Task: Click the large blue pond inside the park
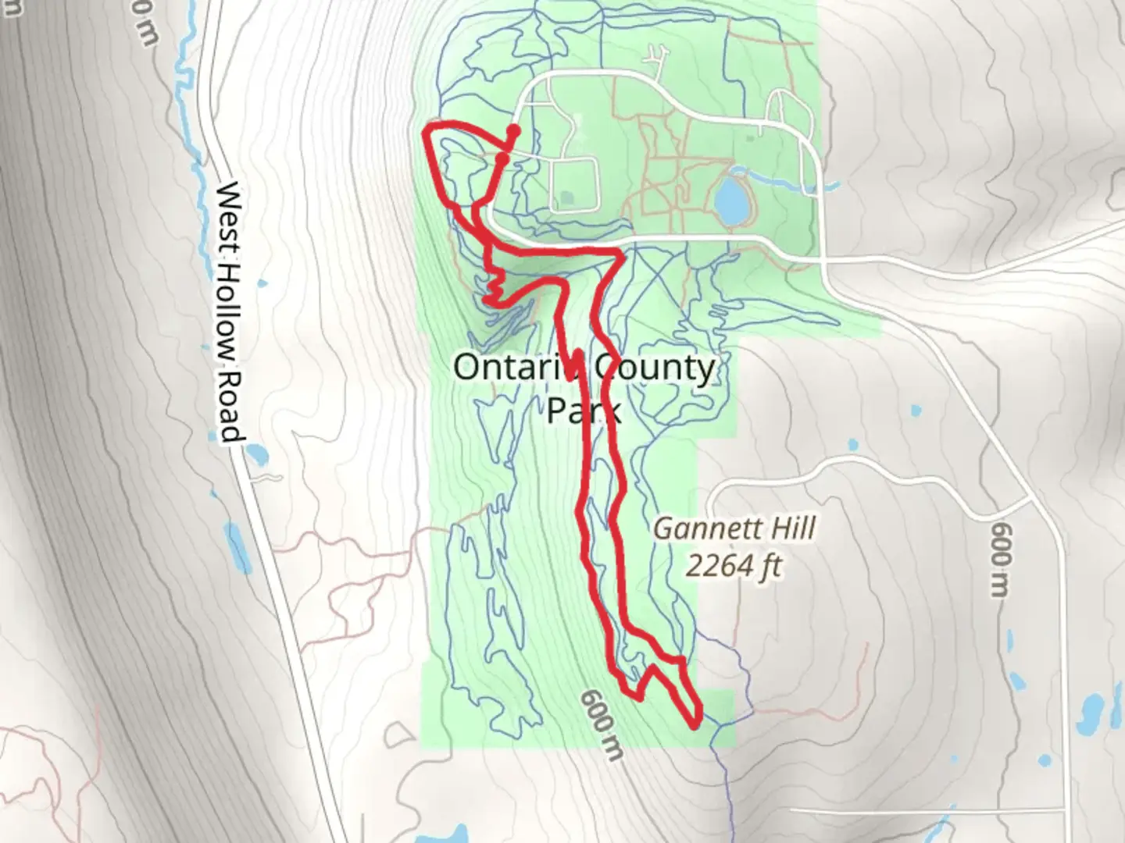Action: (731, 200)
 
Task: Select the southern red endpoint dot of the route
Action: (501, 159)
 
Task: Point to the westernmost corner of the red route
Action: (426, 133)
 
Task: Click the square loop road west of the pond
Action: (574, 184)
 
